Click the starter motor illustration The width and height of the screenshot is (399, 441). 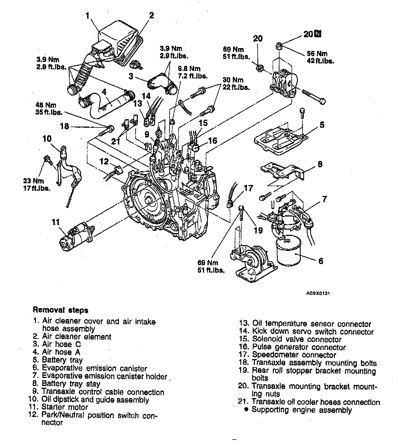77,236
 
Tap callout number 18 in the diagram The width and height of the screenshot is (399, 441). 65,126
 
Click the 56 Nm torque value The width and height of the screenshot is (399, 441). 317,54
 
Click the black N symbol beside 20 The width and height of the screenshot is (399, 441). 318,34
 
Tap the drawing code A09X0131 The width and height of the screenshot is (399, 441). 317,293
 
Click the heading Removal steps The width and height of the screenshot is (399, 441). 60,310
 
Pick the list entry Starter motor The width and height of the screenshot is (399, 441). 65,407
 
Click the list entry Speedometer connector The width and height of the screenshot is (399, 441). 294,355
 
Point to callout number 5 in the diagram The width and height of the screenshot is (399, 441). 322,125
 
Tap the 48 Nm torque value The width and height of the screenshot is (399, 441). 46,105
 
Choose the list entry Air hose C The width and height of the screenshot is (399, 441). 61,344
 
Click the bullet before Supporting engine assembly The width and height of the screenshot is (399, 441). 246,409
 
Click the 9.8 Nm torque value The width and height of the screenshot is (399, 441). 189,69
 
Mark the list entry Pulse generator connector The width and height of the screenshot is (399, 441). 299,347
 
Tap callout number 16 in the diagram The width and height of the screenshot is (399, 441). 213,141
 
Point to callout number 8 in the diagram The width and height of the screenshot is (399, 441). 320,164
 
